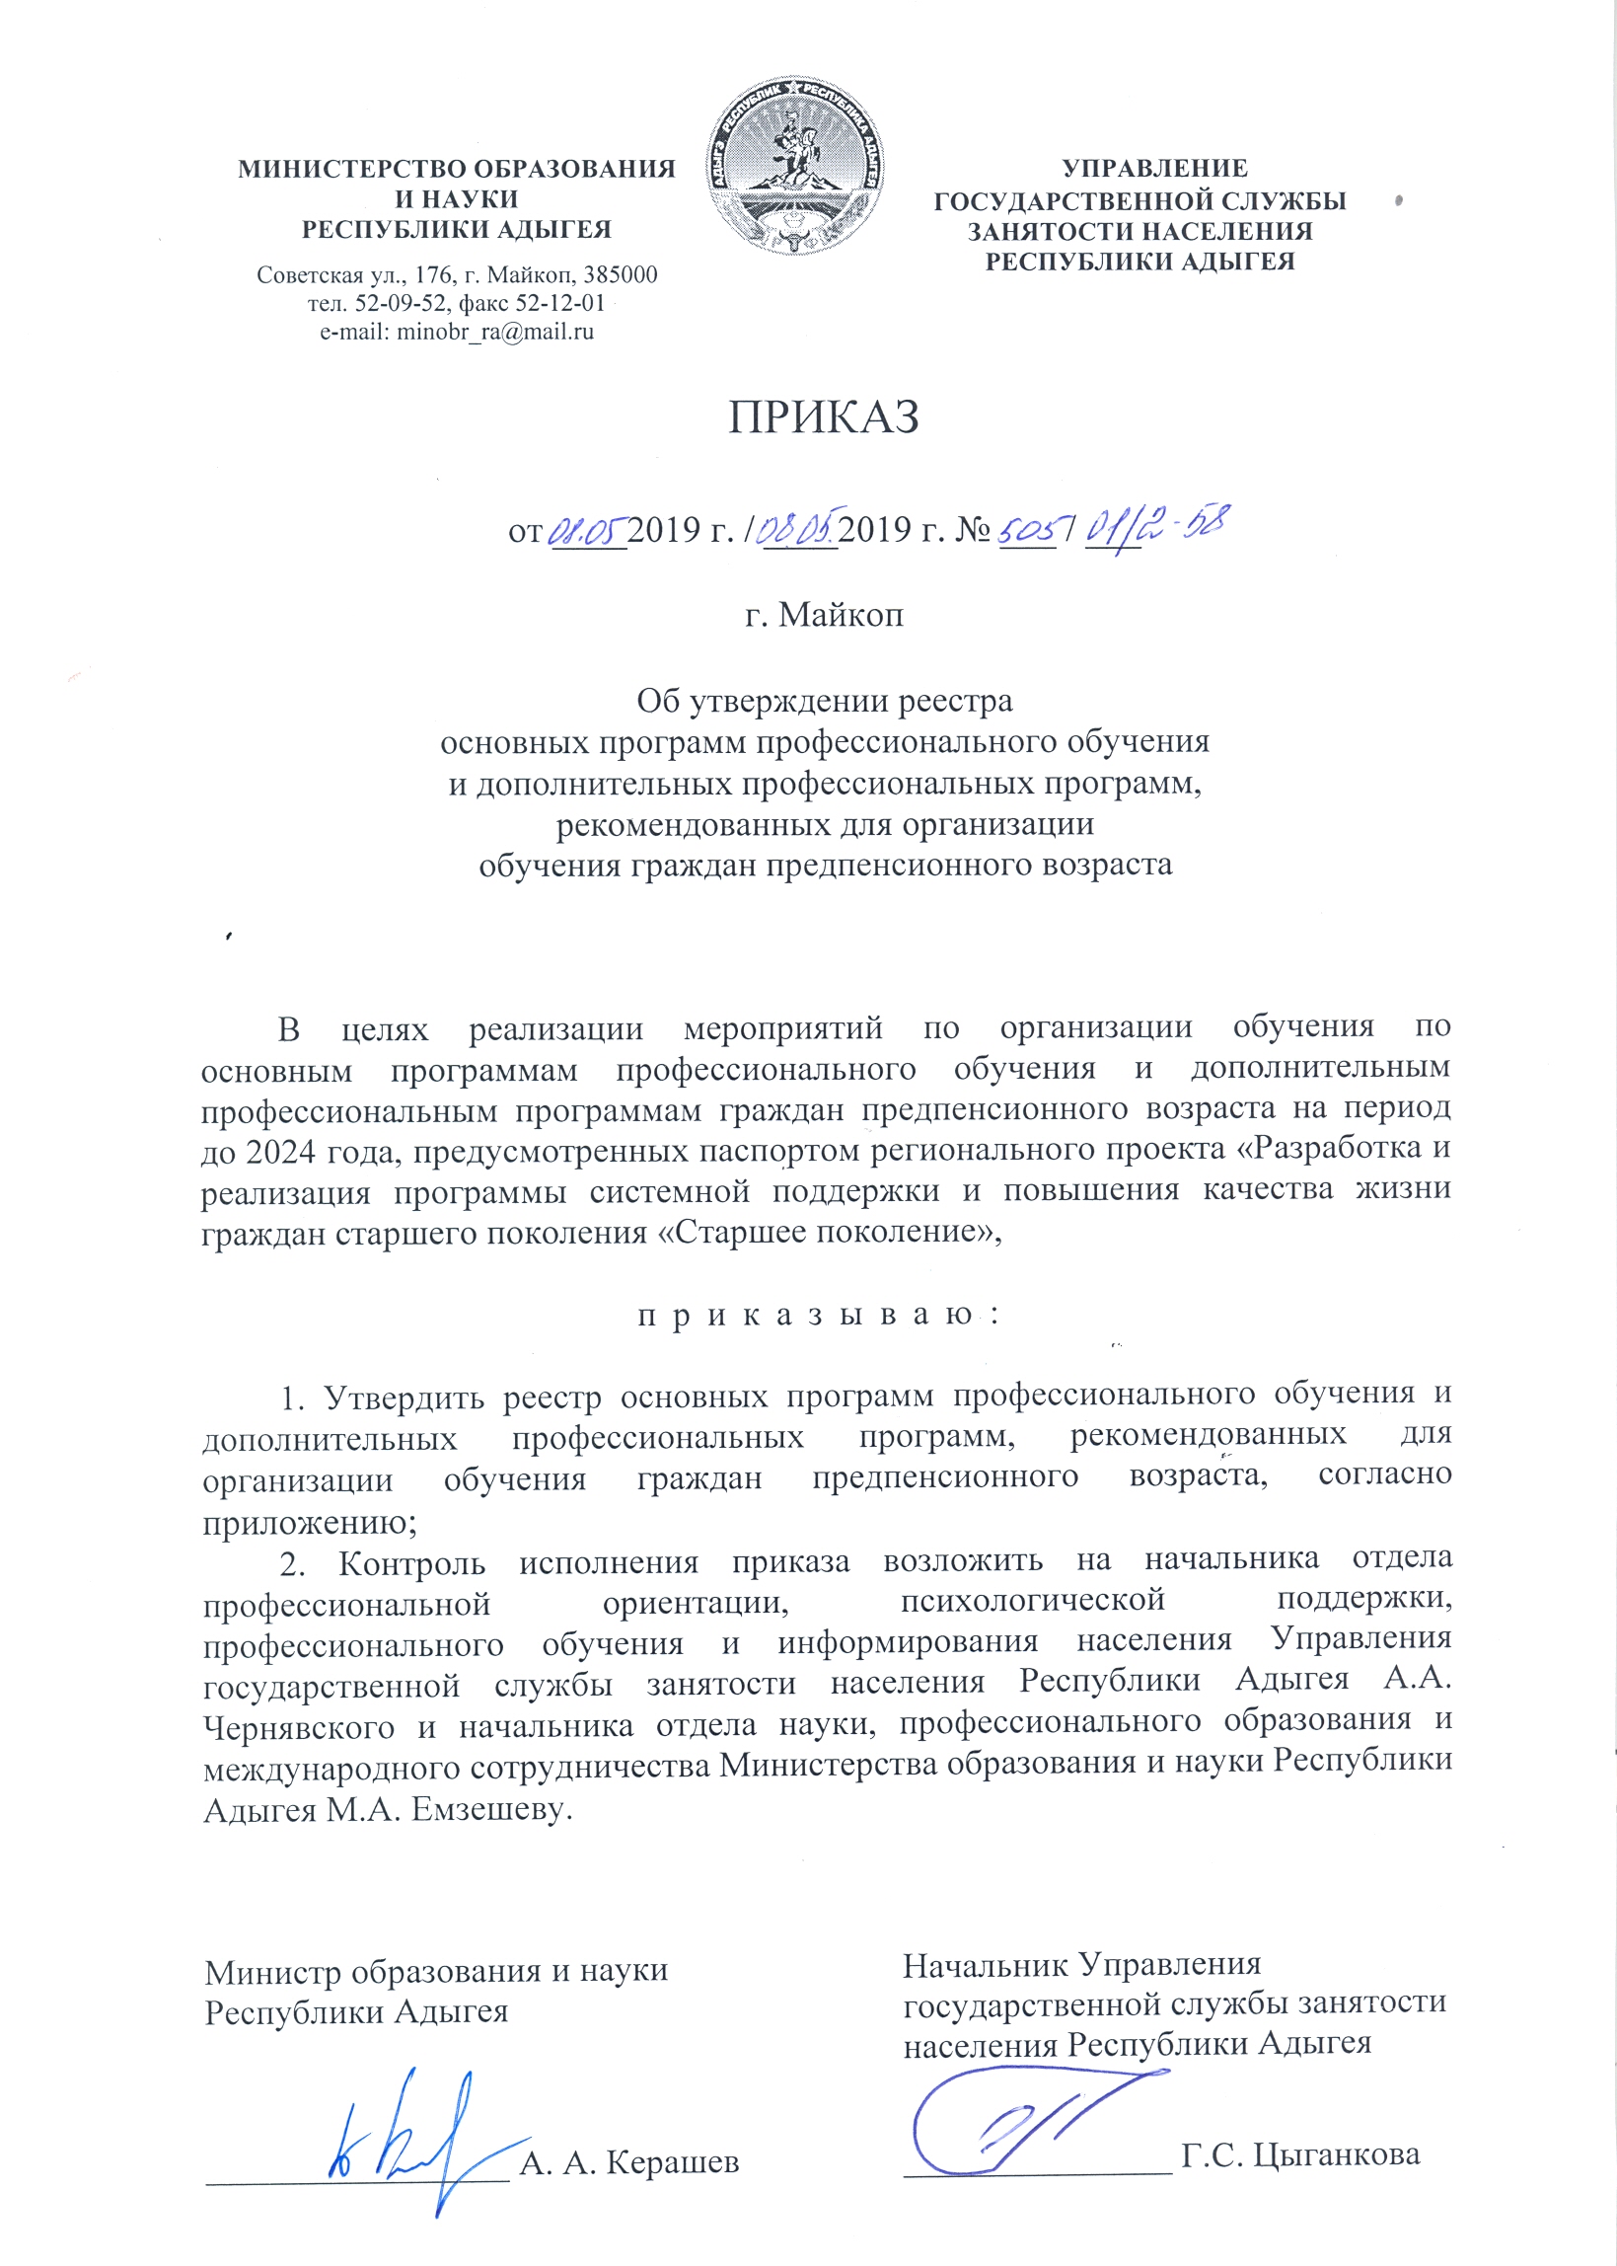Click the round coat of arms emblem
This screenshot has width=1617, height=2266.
tap(796, 166)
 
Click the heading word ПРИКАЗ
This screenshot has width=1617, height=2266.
tap(824, 418)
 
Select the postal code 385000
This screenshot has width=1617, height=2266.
tap(620, 274)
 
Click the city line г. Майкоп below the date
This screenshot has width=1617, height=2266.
tap(825, 615)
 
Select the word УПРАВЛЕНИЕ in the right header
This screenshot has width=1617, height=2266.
tap(1154, 170)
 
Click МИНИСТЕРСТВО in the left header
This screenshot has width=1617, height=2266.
tap(348, 170)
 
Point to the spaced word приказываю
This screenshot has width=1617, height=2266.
tap(817, 1316)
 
